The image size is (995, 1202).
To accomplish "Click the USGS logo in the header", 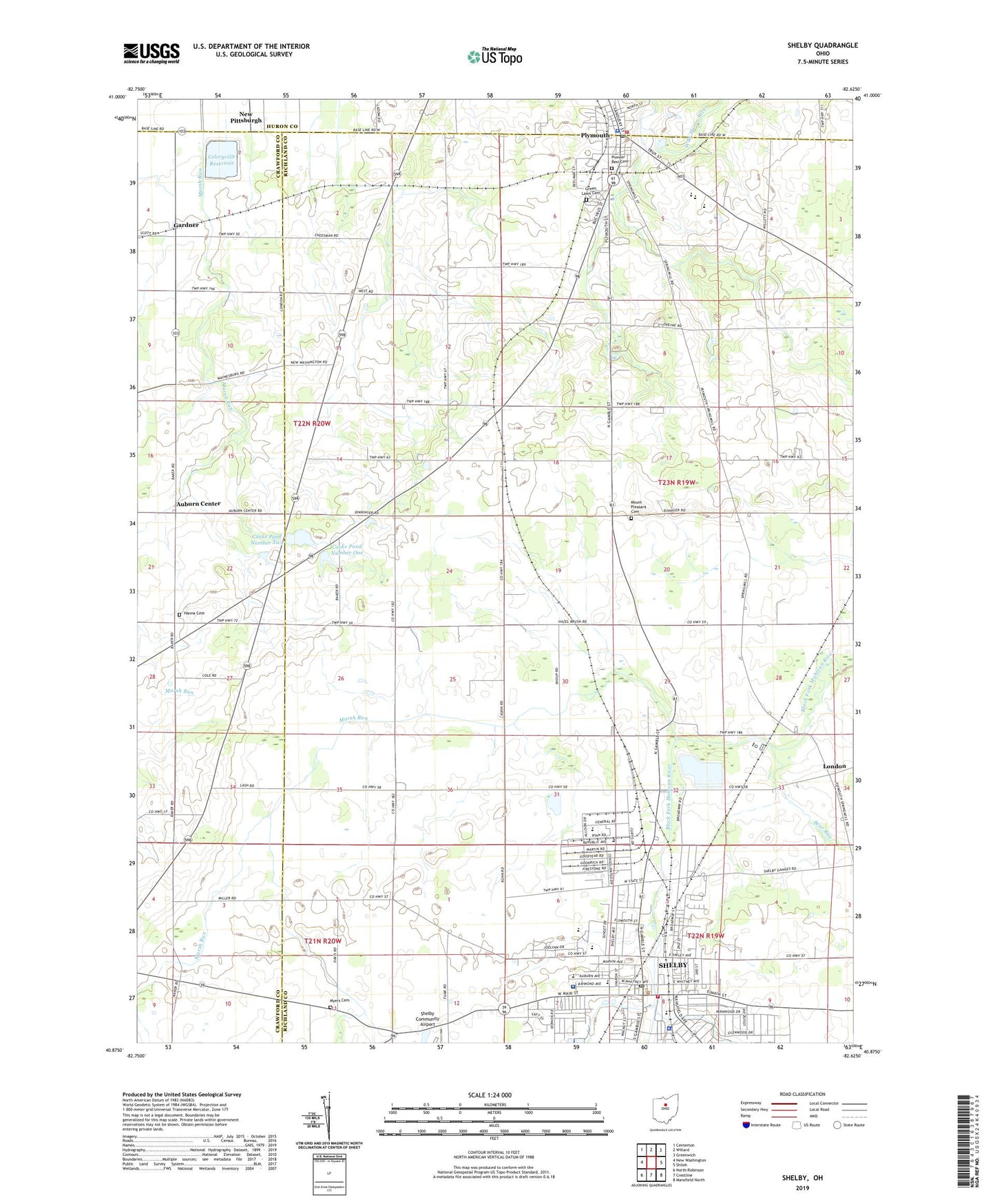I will [151, 52].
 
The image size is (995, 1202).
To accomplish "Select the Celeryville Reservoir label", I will [222, 160].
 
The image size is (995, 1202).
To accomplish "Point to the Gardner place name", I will [186, 225].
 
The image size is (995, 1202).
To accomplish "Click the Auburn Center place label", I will [198, 503].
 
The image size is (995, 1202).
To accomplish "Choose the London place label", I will [835, 766].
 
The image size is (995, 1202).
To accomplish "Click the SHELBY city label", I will [673, 965].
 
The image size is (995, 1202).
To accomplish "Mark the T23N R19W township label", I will [676, 483].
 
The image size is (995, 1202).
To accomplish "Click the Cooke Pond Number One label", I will [346, 549].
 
